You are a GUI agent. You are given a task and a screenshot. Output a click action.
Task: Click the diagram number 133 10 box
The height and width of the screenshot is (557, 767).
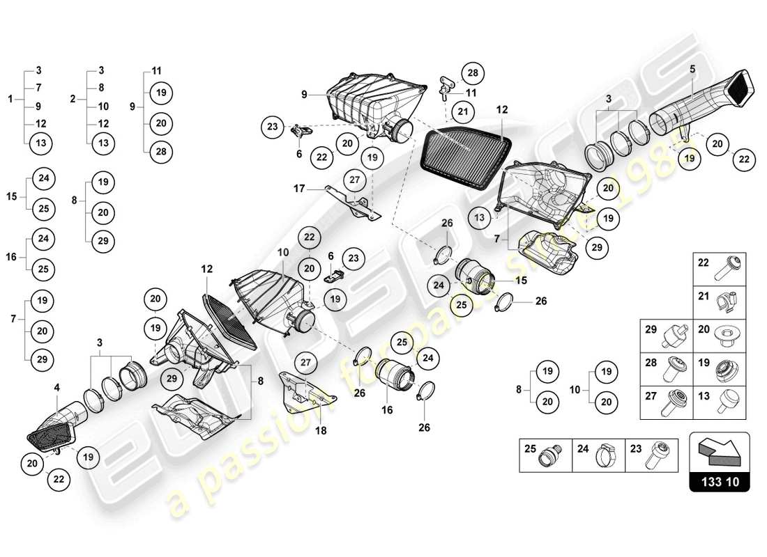(720, 480)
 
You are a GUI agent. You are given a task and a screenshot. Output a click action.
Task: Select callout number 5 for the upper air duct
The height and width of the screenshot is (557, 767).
(692, 69)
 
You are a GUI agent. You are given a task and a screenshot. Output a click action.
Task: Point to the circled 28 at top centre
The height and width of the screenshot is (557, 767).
(473, 73)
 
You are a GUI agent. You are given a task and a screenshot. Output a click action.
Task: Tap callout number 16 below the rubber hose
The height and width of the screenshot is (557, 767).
(387, 410)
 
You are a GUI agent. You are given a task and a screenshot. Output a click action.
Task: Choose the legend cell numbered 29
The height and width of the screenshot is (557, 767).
(667, 336)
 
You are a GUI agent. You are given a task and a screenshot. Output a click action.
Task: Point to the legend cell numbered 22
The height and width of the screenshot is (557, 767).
(720, 268)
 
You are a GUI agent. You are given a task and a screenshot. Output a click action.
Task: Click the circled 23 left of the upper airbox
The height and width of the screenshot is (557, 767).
(272, 127)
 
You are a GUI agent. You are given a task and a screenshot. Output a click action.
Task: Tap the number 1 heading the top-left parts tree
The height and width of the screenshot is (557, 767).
(10, 100)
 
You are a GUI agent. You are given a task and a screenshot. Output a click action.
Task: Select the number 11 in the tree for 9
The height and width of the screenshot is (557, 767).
(156, 70)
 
